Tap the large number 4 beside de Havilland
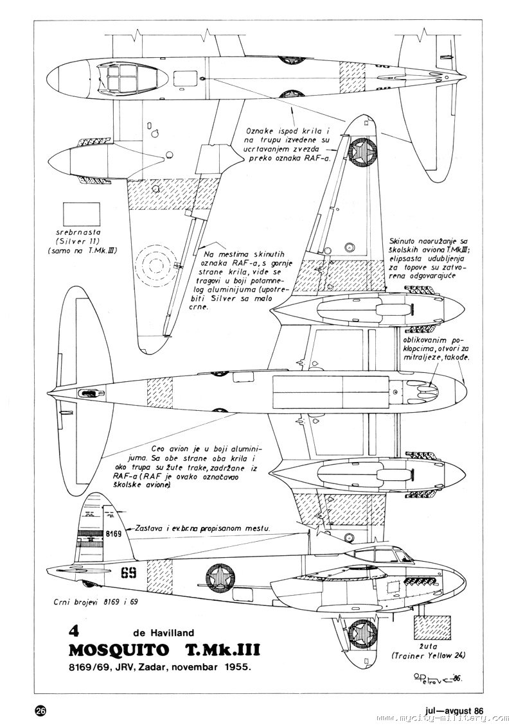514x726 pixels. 82,631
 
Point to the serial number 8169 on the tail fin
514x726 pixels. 113,533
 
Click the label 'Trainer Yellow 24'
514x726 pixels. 428,655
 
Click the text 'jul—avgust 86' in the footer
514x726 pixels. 454,710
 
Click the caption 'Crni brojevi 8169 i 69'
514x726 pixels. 96,601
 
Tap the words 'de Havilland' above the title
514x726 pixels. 164,633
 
